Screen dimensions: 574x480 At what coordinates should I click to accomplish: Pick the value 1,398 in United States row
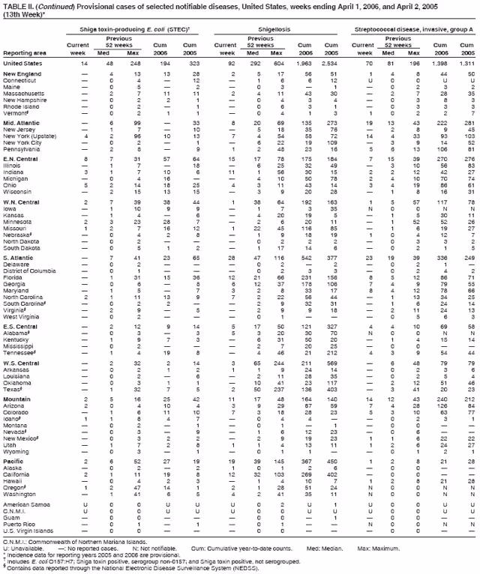pos(445,63)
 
